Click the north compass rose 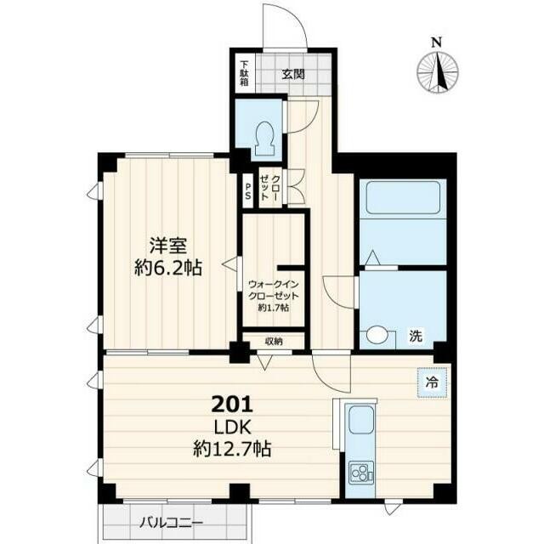[x=437, y=72]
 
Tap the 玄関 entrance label [x=293, y=74]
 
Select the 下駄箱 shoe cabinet [x=245, y=73]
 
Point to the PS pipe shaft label [x=247, y=191]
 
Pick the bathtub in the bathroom [x=403, y=197]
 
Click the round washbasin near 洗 [x=377, y=336]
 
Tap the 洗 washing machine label [x=416, y=336]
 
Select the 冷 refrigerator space [x=432, y=383]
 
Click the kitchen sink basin [x=360, y=420]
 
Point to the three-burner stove [x=360, y=473]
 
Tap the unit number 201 [x=232, y=404]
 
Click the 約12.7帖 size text [x=232, y=449]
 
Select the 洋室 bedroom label [x=168, y=246]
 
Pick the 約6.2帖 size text [x=168, y=267]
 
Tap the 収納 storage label [x=274, y=342]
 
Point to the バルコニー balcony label [x=171, y=523]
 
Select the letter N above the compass [x=436, y=42]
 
